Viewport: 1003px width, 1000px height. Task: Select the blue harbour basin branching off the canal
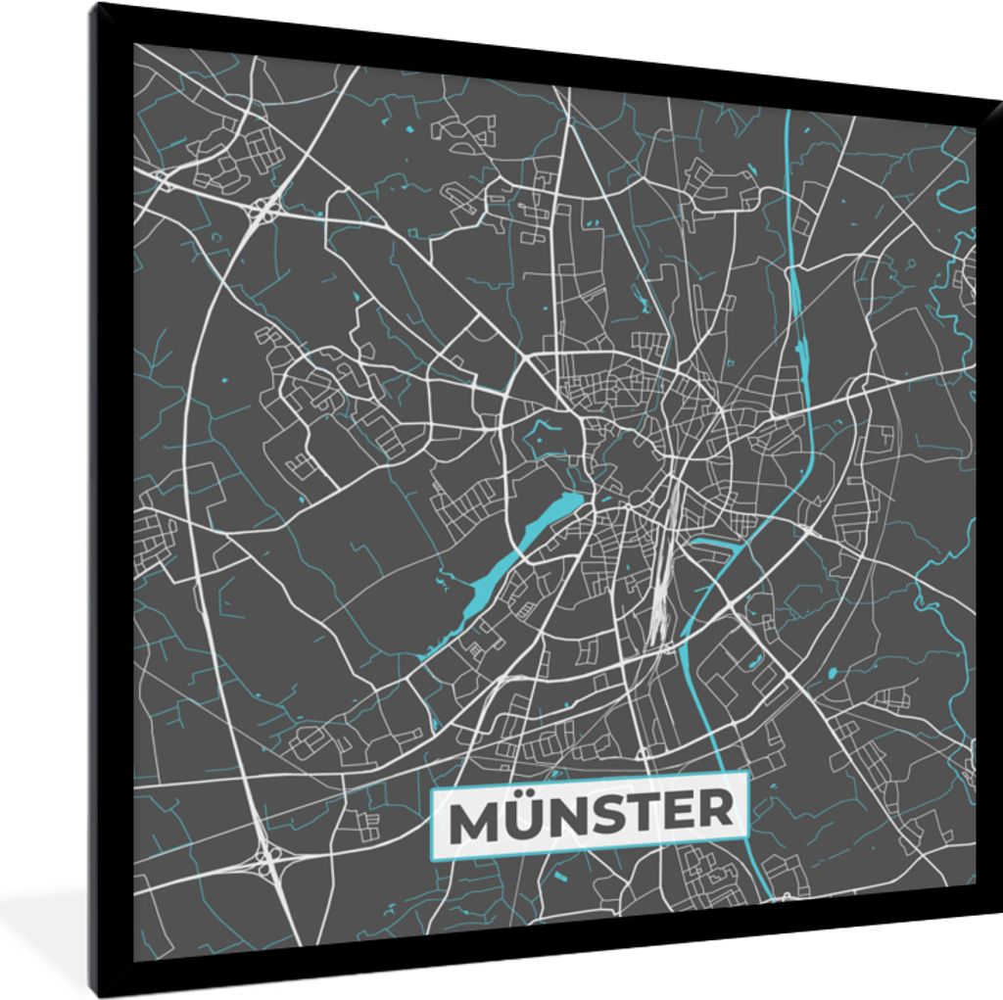pyautogui.click(x=714, y=543)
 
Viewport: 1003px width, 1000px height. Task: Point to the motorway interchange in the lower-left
pyautogui.click(x=266, y=862)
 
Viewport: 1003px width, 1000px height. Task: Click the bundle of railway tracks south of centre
pyautogui.click(x=665, y=578)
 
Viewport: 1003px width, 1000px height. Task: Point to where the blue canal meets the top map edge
pyautogui.click(x=788, y=112)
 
